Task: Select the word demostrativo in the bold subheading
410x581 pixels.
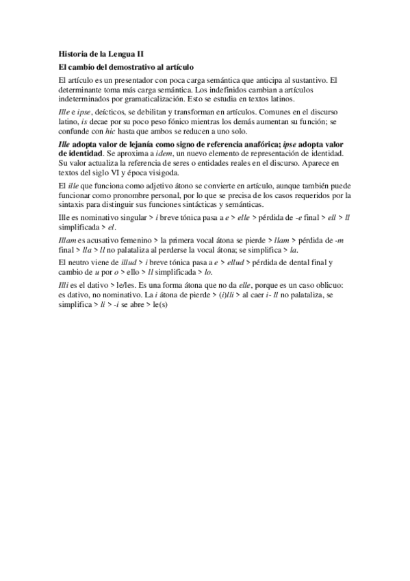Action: point(133,67)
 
